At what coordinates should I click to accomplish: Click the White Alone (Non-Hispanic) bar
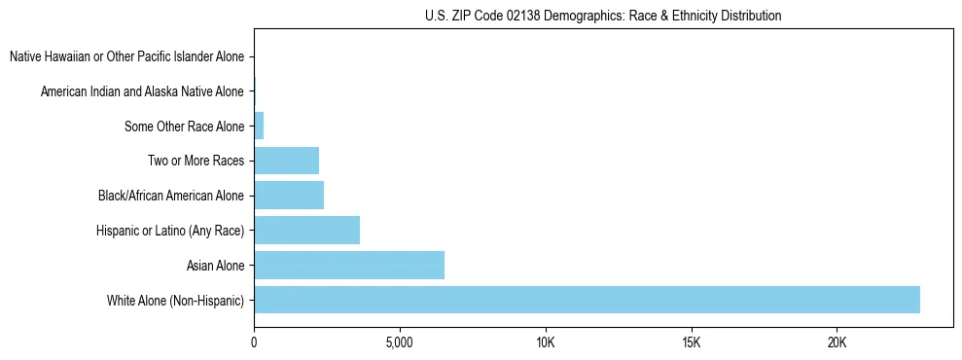587,300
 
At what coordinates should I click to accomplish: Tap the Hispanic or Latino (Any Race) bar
306,230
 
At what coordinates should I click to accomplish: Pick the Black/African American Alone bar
289,196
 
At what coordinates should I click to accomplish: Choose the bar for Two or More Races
286,161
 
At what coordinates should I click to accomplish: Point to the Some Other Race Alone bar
259,126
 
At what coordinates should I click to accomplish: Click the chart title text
603,16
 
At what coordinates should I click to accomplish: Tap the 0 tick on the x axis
254,342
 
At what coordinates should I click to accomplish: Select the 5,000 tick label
400,342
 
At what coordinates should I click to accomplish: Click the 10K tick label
546,342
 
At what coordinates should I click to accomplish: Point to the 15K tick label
692,342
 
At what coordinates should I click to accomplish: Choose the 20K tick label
837,342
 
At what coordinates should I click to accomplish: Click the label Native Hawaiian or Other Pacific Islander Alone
126,56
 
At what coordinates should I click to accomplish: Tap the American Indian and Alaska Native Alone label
142,91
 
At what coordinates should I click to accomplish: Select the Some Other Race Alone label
184,126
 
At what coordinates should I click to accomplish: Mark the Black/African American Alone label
170,196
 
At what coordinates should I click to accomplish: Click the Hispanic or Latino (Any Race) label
169,231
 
